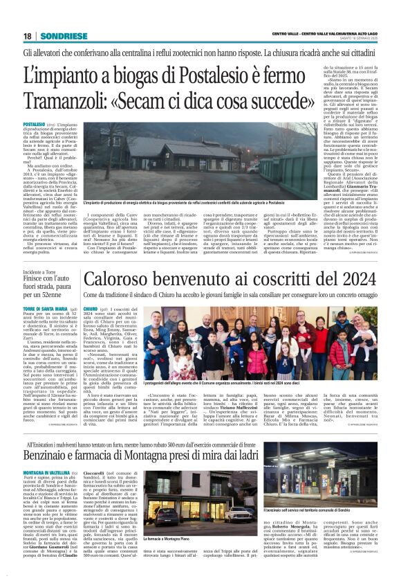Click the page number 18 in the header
pyautogui.click(x=27, y=36)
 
